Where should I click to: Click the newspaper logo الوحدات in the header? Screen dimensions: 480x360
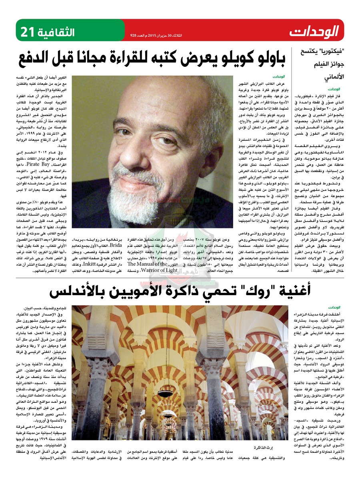(314, 30)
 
